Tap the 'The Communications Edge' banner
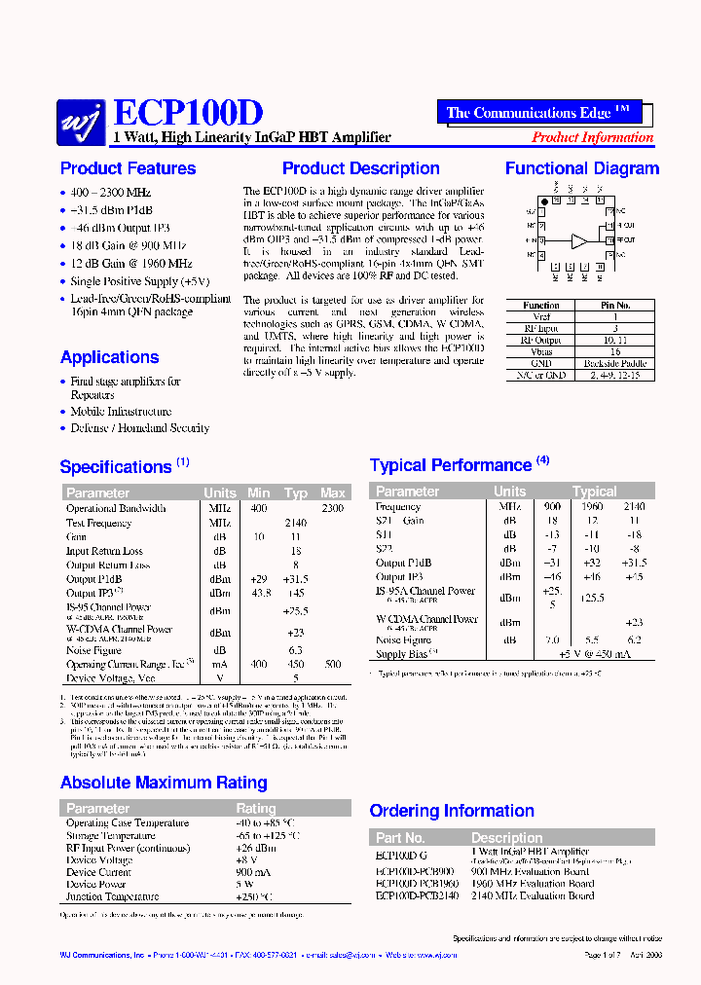point(544,113)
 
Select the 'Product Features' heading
point(128,168)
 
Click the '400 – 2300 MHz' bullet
point(111,194)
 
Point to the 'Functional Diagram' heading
point(581,168)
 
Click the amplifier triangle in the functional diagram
point(579,239)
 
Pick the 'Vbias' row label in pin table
point(541,351)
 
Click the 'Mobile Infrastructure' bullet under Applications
point(121,412)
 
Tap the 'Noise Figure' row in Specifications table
point(93,649)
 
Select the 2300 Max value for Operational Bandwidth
point(332,508)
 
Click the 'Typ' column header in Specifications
point(295,493)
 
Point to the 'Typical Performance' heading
point(451,465)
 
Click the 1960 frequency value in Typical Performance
point(592,506)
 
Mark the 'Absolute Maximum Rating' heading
point(164,783)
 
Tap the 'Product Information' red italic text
point(592,138)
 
